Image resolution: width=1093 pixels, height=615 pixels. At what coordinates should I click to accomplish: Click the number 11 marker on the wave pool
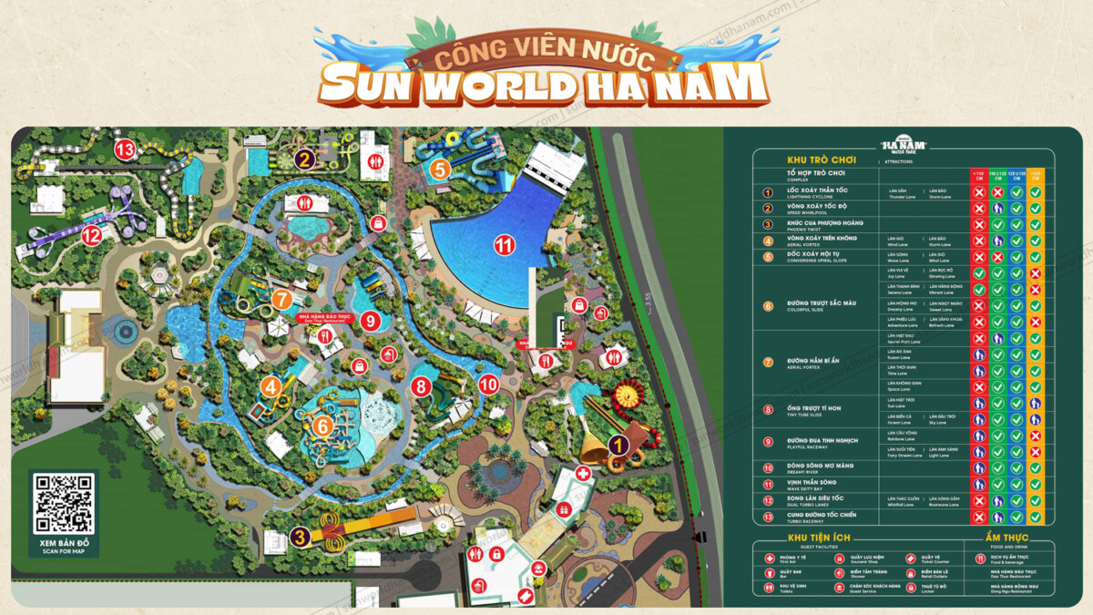(504, 244)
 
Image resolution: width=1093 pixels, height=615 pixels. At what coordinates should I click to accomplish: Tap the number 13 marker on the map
(124, 149)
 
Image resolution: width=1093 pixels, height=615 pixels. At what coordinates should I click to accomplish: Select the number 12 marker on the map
(90, 236)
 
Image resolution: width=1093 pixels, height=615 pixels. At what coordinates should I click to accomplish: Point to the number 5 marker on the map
(440, 169)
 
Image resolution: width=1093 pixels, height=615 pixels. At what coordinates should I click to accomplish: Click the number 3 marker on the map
(300, 538)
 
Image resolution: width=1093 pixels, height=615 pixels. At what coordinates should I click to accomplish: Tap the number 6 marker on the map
(322, 425)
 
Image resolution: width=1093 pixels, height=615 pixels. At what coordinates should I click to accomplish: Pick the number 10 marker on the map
(488, 384)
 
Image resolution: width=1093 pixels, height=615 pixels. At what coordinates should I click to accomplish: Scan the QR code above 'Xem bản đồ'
(63, 503)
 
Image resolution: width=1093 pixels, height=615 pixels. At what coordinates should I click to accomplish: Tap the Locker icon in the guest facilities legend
(910, 587)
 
